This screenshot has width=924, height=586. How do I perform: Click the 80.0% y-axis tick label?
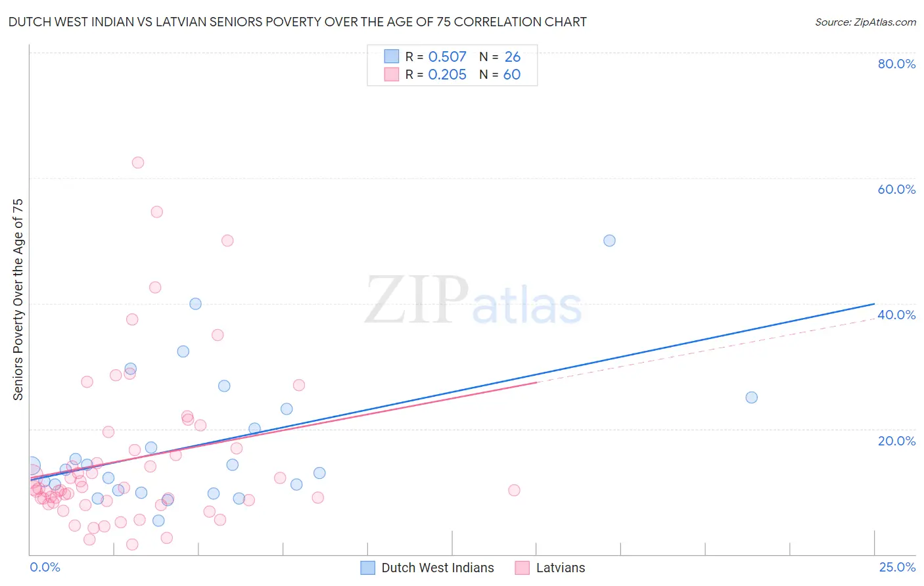896,64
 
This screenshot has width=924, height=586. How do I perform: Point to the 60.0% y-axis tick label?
896,189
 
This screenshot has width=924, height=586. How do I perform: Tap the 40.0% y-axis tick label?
896,315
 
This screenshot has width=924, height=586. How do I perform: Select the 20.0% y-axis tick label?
896,441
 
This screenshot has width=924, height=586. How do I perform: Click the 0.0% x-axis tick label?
45,567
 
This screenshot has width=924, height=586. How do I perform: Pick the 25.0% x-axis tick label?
897,567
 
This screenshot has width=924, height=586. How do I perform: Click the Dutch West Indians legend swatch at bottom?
368,568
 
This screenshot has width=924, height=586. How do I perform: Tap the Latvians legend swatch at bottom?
522,568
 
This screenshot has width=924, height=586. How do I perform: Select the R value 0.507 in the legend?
447,57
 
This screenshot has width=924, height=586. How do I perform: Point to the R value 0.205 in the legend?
447,75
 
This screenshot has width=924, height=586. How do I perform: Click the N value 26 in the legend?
512,57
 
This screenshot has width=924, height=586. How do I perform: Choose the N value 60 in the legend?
511,75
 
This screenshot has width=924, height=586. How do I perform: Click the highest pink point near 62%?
137,162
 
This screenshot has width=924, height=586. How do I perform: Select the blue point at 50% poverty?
609,240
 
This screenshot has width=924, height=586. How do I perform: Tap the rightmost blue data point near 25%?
751,397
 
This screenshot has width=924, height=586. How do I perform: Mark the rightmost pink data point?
514,490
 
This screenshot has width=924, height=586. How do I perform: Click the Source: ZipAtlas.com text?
865,22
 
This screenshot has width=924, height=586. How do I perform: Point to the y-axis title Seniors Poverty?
18,299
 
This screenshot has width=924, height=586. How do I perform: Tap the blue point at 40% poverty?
195,304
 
